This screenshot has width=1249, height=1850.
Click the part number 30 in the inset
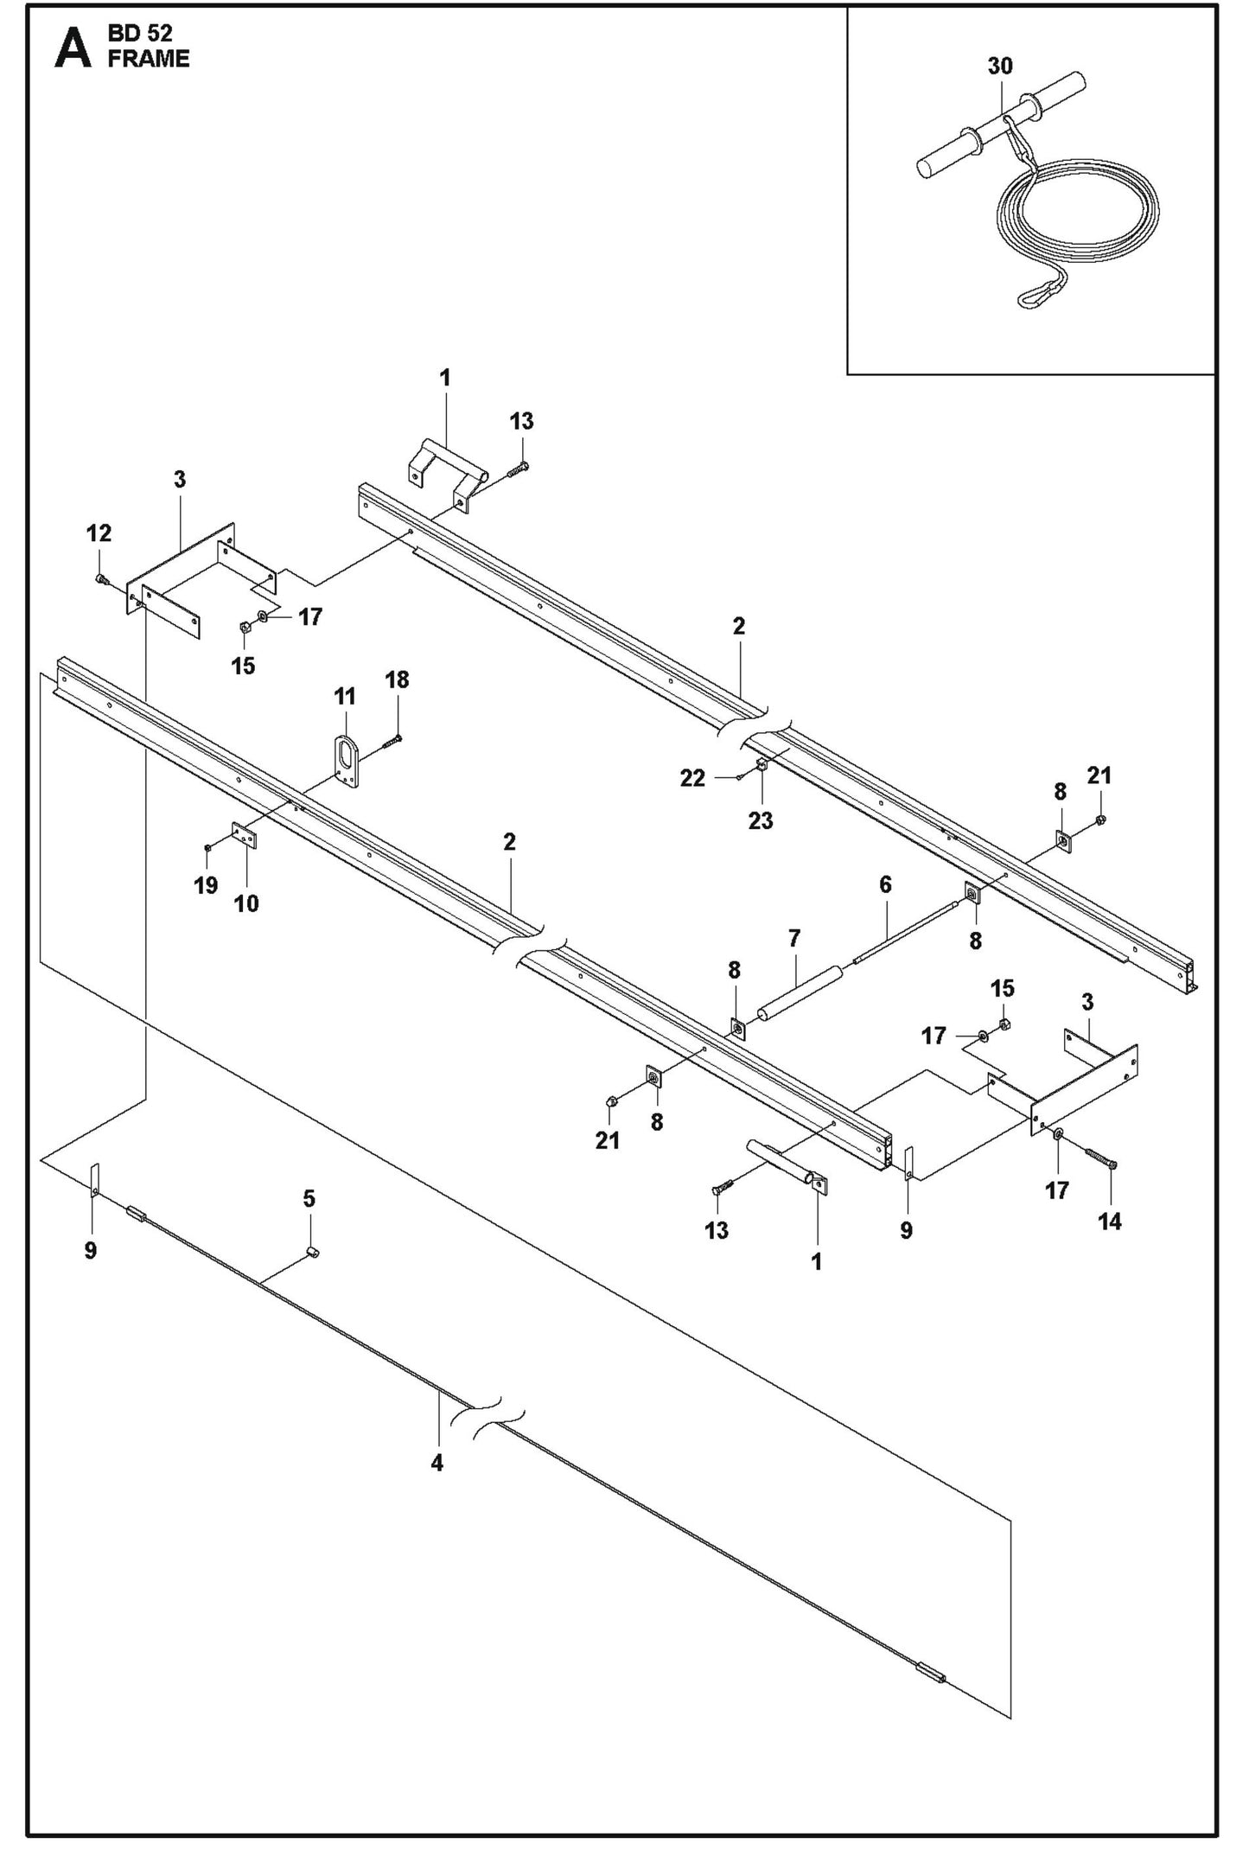[999, 66]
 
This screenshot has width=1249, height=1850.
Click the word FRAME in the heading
[148, 59]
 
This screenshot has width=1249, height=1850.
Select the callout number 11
[345, 696]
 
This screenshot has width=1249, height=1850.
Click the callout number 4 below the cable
[437, 1463]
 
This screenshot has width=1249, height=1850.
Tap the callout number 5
[309, 1199]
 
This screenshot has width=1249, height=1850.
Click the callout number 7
[794, 938]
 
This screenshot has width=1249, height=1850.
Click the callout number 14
[1110, 1221]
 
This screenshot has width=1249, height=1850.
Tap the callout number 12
[99, 533]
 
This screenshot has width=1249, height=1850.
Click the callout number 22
[692, 778]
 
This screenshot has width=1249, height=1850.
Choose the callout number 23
[761, 820]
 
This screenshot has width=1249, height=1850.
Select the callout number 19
[206, 885]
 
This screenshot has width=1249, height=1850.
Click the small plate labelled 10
[245, 836]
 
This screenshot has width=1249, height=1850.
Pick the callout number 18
[397, 679]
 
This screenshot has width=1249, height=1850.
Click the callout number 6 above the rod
[885, 884]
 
